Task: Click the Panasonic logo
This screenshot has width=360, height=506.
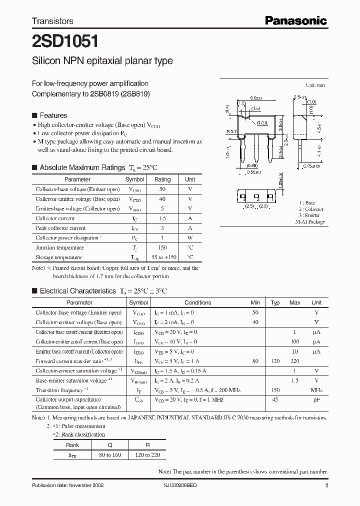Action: tap(295, 20)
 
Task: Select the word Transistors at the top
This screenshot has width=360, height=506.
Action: tap(52, 21)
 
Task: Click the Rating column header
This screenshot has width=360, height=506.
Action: tap(162, 179)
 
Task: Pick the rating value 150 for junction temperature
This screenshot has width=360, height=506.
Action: tap(162, 247)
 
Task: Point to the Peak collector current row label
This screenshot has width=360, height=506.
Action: tap(60, 228)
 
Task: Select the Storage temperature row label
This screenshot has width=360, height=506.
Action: tap(58, 257)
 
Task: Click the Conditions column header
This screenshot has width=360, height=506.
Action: tap(197, 302)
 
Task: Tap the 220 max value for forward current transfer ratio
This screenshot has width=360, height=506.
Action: tap(295, 360)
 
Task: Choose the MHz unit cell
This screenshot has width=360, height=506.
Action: tap(316, 390)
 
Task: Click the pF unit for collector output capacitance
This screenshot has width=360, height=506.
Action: tap(316, 400)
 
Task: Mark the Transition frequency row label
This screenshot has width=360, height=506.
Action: tap(59, 390)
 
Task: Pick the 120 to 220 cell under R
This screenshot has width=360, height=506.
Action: tap(147, 455)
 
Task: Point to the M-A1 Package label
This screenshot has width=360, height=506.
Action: tap(309, 221)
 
